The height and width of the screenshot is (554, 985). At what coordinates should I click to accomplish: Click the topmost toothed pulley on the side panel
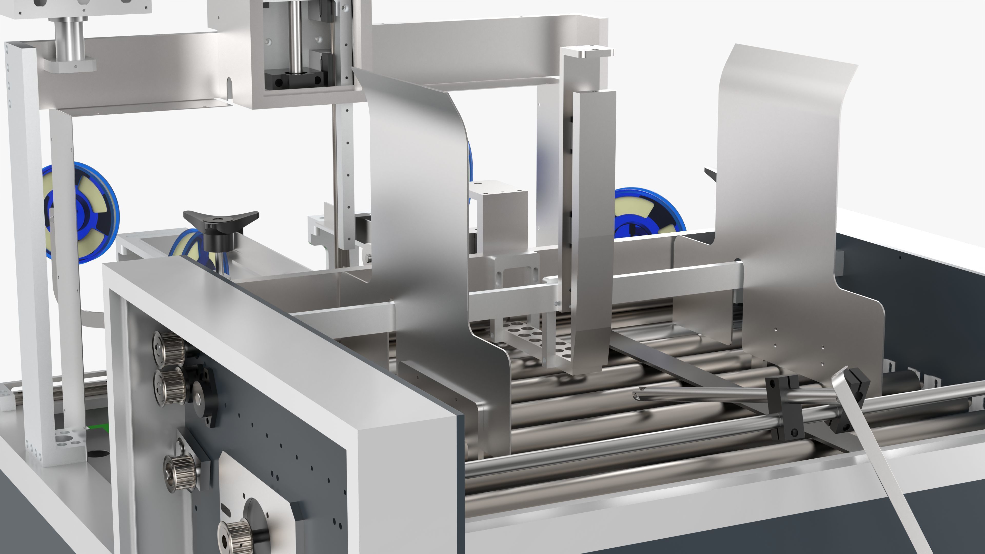(x=167, y=348)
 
